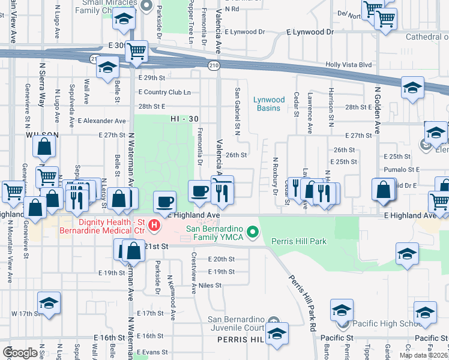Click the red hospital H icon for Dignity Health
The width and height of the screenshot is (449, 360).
tap(154, 226)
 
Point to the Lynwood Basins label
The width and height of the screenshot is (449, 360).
tap(268, 104)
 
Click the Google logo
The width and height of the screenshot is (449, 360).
tap(20, 352)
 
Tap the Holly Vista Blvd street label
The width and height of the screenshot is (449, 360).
tap(349, 65)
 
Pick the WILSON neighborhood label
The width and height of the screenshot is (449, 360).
tap(41, 136)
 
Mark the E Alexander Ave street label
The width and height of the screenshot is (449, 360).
tap(101, 121)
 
